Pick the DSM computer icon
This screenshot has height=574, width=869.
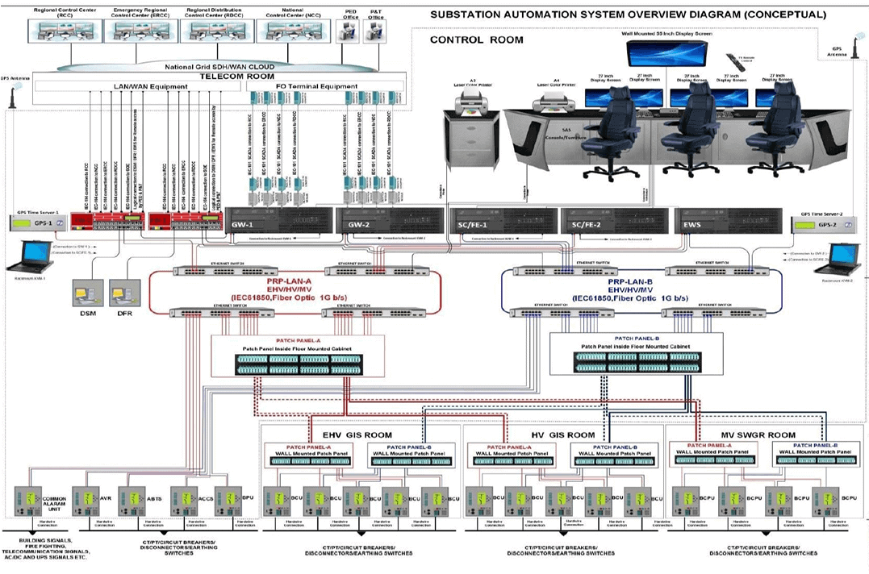tap(86, 291)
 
